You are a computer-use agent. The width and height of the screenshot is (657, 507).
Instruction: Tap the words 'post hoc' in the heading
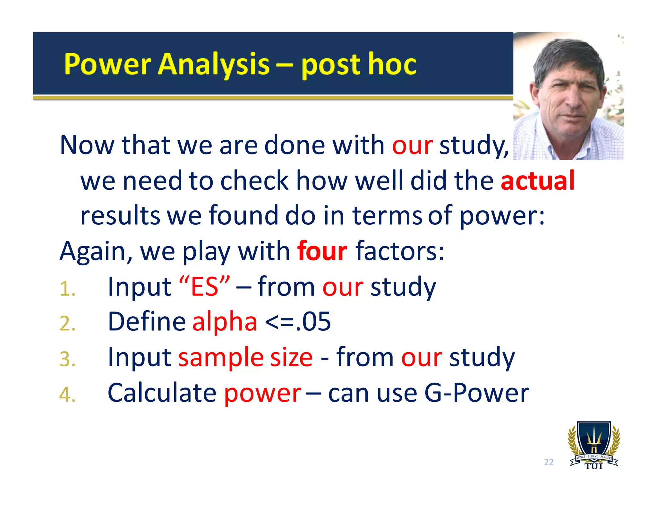[x=358, y=65]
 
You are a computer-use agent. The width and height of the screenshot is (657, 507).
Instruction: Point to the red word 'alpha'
[x=225, y=322]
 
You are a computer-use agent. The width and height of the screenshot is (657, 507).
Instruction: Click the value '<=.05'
[x=298, y=322]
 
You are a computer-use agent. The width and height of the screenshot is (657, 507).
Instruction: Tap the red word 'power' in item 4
[x=262, y=394]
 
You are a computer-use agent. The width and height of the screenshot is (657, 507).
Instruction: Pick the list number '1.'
[x=68, y=289]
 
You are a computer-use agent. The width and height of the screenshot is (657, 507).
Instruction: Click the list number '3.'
[x=68, y=359]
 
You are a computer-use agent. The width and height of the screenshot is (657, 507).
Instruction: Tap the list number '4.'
[x=68, y=395]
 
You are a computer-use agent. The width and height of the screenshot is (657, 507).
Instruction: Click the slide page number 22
[x=549, y=462]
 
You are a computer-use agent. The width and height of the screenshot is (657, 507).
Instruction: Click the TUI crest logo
[x=594, y=445]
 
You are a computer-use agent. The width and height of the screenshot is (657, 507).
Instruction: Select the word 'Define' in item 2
[x=147, y=322]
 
